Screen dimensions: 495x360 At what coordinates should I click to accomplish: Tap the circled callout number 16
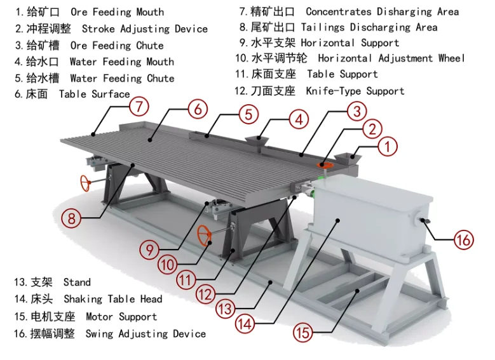[464, 239]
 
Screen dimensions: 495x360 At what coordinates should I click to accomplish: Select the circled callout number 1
[387, 147]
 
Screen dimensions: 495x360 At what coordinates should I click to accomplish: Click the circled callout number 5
[249, 114]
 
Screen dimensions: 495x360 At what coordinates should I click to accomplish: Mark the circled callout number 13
[225, 309]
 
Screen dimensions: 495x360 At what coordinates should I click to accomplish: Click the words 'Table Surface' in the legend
[94, 95]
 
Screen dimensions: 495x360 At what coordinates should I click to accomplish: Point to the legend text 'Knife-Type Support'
[355, 91]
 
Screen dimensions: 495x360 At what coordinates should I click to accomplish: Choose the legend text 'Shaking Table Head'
[112, 299]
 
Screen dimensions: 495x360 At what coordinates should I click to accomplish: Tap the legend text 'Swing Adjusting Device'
[146, 333]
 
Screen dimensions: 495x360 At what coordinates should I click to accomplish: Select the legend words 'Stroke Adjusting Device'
[144, 29]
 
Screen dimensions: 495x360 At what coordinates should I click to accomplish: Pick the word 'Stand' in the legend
[77, 282]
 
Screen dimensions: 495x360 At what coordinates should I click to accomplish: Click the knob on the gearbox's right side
[424, 220]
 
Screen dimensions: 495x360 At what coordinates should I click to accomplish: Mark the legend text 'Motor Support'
[121, 316]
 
